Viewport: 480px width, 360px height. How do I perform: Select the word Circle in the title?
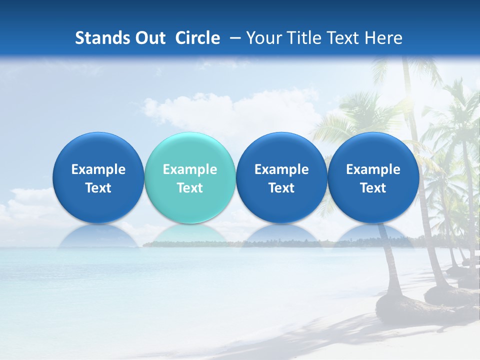click(197, 38)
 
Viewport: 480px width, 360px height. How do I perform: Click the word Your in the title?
click(263, 38)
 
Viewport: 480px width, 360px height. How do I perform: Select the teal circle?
click(190, 177)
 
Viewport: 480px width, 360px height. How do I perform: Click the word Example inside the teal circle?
click(190, 169)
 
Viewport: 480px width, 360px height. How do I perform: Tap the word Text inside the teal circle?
click(190, 188)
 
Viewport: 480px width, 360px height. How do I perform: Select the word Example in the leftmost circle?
click(98, 169)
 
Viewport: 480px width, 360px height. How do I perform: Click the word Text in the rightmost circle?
click(373, 188)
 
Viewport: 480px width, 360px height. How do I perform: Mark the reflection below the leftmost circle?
click(98, 236)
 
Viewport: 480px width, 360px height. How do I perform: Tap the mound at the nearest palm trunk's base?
click(400, 306)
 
